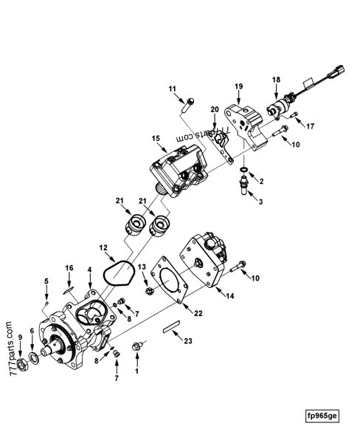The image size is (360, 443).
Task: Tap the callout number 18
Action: click(275, 78)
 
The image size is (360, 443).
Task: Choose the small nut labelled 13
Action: click(148, 291)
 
